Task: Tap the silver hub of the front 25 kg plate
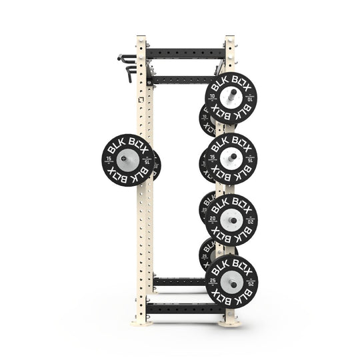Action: click(x=231, y=281)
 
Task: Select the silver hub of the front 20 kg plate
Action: click(x=231, y=220)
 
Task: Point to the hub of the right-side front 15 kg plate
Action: click(x=231, y=159)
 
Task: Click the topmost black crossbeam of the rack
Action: click(x=186, y=52)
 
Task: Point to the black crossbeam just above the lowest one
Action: click(x=177, y=282)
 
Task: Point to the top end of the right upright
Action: click(x=229, y=37)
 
